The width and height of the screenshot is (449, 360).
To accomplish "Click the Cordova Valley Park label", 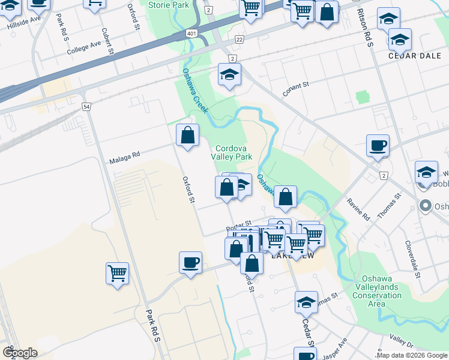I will [231, 151].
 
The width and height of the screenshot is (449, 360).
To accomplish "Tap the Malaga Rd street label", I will [124, 157].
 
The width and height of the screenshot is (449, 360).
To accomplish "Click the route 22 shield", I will [239, 39].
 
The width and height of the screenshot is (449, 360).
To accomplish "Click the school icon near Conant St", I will [229, 75].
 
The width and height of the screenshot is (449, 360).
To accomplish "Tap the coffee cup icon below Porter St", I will [190, 262].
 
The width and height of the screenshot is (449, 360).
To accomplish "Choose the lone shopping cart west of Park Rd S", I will [118, 273].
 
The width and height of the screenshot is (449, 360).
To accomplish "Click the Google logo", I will [20, 353].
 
